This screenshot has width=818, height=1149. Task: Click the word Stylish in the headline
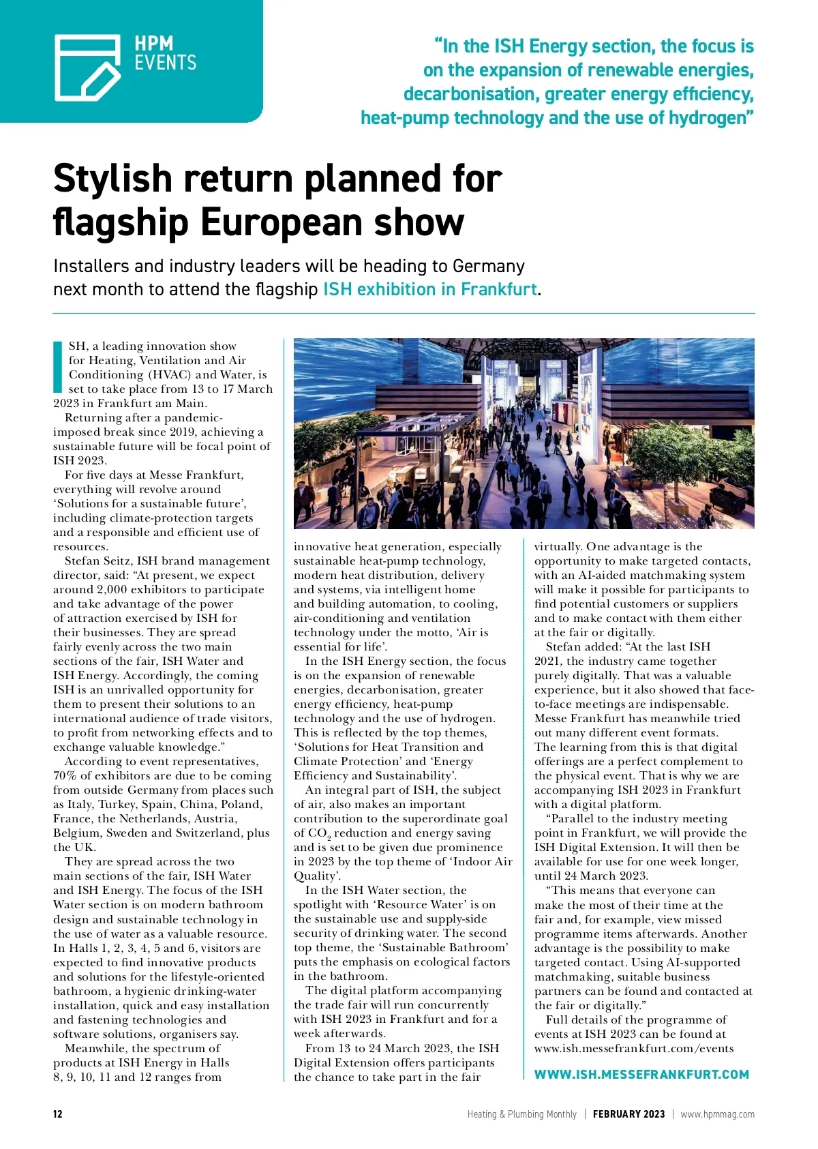(112, 179)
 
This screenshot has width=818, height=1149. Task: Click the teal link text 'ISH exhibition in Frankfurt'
(430, 289)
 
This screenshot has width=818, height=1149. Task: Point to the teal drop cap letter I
(58, 366)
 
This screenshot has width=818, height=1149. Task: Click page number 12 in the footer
(58, 1114)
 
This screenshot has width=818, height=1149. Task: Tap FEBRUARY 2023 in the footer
(628, 1114)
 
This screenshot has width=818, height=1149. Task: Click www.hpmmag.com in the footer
(717, 1114)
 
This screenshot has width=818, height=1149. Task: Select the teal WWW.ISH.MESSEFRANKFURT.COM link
(641, 1074)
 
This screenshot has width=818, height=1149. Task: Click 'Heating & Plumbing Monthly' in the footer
(521, 1114)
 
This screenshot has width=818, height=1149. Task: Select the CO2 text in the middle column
(319, 833)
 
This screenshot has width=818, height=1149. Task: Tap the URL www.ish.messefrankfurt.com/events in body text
(634, 1048)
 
